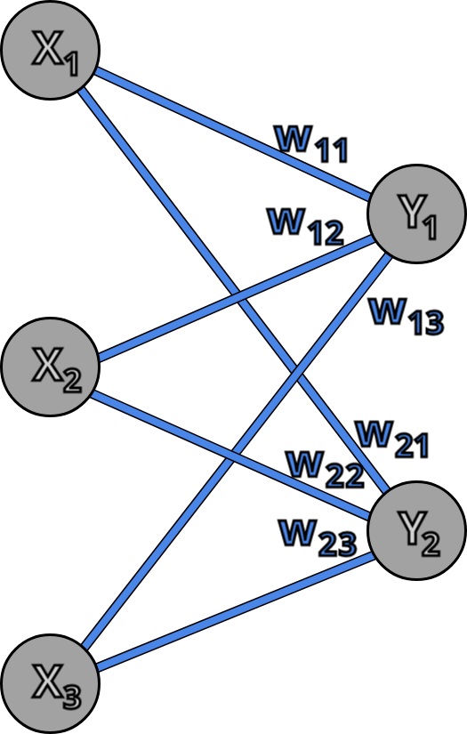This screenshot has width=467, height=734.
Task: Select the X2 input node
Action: click(x=47, y=369)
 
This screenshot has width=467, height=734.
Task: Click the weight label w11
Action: click(x=310, y=143)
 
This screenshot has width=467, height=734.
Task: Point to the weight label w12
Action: click(x=305, y=226)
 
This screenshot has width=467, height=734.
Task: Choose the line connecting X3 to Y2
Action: click(x=231, y=614)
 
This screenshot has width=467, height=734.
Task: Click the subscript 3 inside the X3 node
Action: click(x=71, y=695)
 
